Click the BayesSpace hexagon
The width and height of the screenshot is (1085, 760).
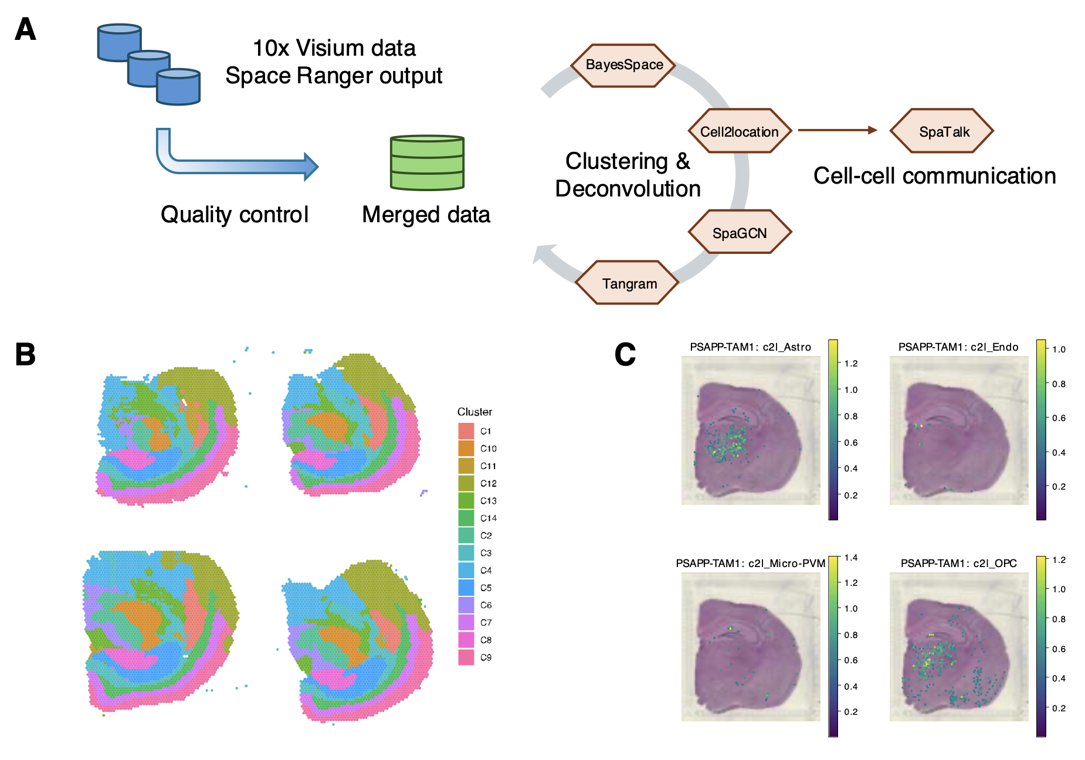point(624,65)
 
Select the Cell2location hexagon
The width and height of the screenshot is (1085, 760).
point(739,131)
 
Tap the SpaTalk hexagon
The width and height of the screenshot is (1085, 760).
point(944,131)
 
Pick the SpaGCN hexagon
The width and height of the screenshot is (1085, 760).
point(739,233)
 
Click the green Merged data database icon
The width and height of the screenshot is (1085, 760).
point(427,163)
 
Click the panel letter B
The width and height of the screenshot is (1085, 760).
point(25,355)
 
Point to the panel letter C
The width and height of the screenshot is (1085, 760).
point(625,355)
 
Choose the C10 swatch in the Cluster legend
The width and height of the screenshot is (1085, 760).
point(466,449)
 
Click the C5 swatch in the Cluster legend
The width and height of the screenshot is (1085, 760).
point(466,588)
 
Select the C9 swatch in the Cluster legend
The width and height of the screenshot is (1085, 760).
point(466,657)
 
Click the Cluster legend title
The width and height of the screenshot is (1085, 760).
point(474,412)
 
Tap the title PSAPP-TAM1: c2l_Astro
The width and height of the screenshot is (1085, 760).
point(750,347)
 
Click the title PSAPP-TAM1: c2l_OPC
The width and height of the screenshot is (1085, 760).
point(958,564)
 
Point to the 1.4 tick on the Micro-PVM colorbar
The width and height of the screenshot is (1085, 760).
point(850,558)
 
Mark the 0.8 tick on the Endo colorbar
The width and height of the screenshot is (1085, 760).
point(1059,384)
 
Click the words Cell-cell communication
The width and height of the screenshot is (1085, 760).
point(934,176)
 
